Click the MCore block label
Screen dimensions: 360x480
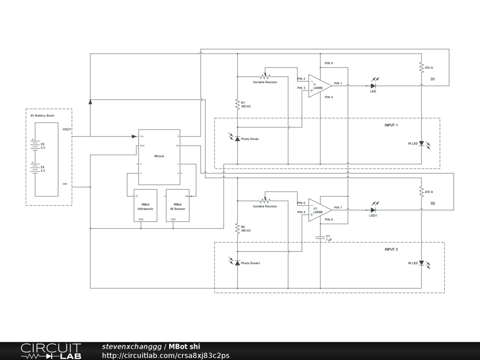click(159, 156)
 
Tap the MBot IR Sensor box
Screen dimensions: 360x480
click(178, 206)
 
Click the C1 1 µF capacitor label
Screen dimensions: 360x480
click(329, 238)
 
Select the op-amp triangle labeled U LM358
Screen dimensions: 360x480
click(319, 86)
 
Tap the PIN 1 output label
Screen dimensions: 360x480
click(338, 83)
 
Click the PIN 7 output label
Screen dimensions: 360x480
click(338, 207)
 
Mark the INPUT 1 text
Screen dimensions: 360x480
click(391, 125)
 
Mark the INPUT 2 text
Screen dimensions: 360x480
click(391, 249)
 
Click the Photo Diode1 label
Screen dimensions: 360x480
click(250, 263)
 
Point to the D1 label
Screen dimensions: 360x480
click(433, 79)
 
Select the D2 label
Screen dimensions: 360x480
click(433, 203)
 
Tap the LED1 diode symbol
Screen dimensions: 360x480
click(374, 210)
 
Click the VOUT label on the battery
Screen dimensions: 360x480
click(67, 129)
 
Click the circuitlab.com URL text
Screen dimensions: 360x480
click(165, 355)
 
